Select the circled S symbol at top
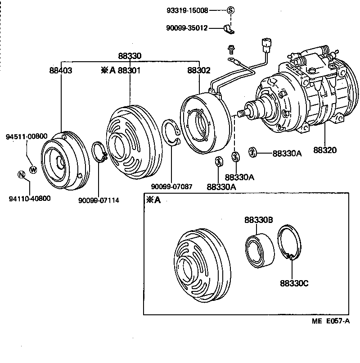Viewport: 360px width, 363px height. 230,10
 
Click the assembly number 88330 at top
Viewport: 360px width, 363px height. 130,56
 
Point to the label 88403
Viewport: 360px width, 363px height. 61,70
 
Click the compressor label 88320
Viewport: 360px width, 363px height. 325,150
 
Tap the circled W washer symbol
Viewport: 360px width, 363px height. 33,169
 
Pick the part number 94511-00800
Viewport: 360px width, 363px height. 27,136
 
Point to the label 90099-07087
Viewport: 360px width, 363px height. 171,186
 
